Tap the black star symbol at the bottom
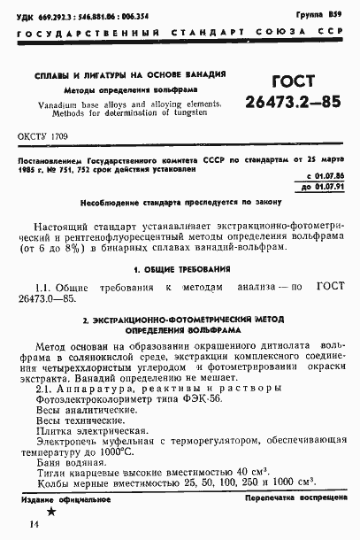(51, 511)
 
